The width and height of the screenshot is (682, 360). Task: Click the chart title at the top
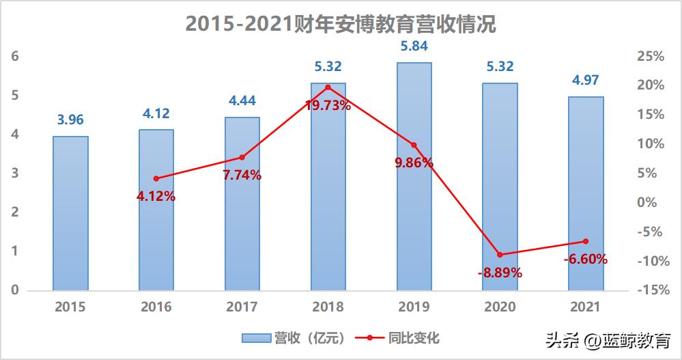(x=341, y=25)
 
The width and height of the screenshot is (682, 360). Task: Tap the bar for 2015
(x=71, y=213)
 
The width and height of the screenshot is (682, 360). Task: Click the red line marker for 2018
(x=328, y=87)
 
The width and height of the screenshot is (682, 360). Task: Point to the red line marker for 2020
(x=500, y=255)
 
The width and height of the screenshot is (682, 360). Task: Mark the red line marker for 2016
(x=156, y=178)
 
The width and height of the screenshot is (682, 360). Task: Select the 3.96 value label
(x=71, y=120)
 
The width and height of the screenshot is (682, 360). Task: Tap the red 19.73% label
(x=328, y=105)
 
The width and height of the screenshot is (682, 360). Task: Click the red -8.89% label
(x=500, y=273)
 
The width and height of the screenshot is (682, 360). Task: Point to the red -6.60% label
(x=585, y=260)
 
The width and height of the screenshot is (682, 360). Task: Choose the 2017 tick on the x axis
(x=242, y=307)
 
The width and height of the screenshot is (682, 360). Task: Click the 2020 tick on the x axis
(x=500, y=307)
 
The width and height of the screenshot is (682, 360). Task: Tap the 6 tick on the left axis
(x=14, y=56)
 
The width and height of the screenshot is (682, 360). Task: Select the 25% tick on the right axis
(x=650, y=56)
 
